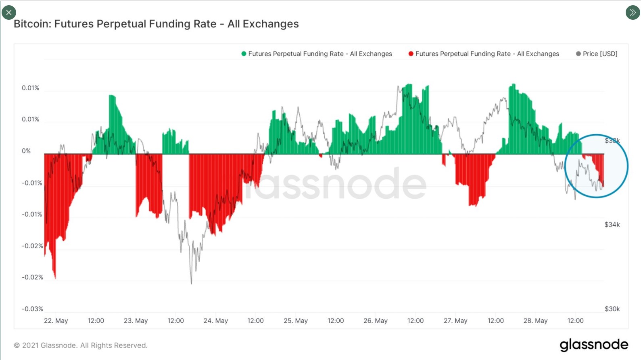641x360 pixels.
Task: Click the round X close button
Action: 9,12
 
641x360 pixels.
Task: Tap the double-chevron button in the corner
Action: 633,12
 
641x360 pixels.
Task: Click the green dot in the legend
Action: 244,54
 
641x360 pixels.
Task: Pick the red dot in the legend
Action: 411,54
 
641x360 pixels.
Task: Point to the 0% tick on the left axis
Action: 26,151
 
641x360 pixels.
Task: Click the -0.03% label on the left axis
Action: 32,309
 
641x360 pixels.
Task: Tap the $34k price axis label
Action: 612,225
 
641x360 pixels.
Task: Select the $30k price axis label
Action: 612,309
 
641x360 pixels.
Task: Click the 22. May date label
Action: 56,321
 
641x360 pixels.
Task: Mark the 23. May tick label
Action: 136,321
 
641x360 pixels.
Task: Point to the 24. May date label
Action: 215,321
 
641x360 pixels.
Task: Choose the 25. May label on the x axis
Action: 295,321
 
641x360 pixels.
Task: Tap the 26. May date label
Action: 375,321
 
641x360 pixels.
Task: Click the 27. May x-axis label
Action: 455,321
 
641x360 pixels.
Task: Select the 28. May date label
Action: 535,321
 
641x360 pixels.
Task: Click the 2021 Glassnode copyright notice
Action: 81,345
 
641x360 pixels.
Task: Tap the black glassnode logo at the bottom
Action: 594,345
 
